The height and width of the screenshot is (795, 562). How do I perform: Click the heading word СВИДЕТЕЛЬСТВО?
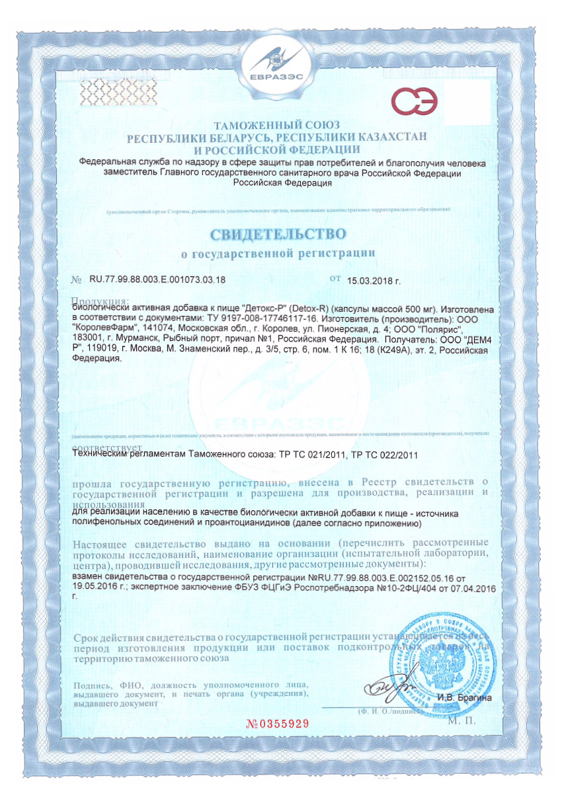pyautogui.click(x=278, y=233)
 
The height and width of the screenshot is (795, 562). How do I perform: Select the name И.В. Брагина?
pyautogui.click(x=465, y=697)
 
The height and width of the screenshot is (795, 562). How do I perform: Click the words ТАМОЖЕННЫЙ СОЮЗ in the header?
pyautogui.click(x=278, y=125)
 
